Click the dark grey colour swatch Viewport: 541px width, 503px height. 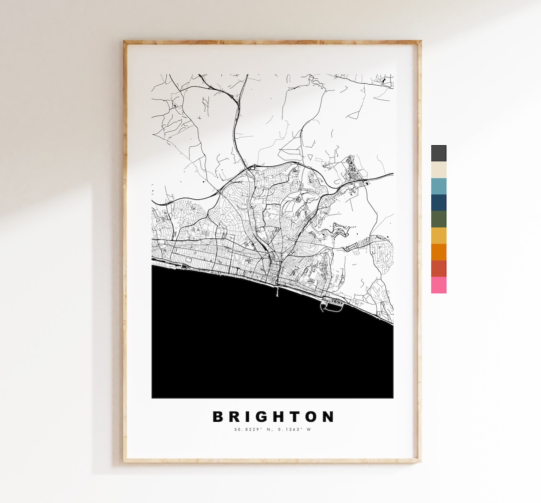click(438, 153)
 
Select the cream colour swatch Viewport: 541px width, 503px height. click(438, 170)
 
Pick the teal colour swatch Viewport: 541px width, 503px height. click(438, 186)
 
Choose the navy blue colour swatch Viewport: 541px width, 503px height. click(438, 203)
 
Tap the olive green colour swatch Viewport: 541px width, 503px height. click(438, 219)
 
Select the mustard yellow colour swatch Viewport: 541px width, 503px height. click(438, 235)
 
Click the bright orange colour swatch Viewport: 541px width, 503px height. click(438, 252)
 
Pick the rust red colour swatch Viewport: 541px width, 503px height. click(438, 269)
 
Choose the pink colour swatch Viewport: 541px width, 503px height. click(438, 285)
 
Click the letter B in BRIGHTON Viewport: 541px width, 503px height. click(218, 417)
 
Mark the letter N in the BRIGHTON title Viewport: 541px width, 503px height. click(329, 417)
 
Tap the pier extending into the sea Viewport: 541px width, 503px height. click(277, 292)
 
